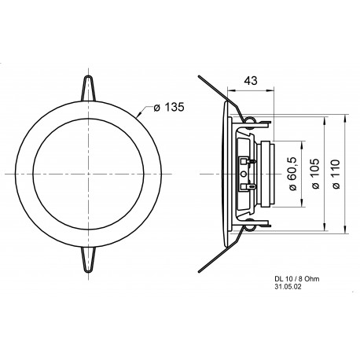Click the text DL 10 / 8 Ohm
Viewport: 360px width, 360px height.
(296, 279)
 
